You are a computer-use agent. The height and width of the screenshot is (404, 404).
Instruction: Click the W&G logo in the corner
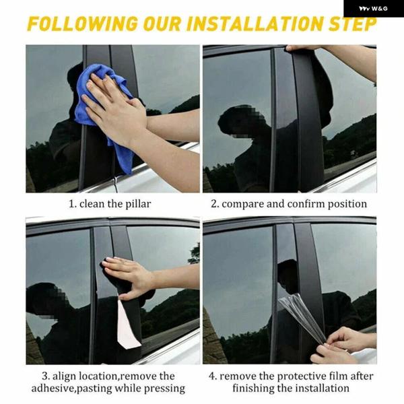tap(373, 9)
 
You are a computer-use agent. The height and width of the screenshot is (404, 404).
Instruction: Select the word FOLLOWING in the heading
tap(82, 24)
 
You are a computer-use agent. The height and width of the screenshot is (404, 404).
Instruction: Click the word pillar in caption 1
tap(138, 204)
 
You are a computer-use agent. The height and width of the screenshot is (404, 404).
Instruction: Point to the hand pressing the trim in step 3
tap(129, 277)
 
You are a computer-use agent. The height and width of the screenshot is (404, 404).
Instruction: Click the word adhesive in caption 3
tap(53, 389)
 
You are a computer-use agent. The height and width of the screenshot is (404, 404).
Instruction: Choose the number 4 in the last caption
tap(212, 376)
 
